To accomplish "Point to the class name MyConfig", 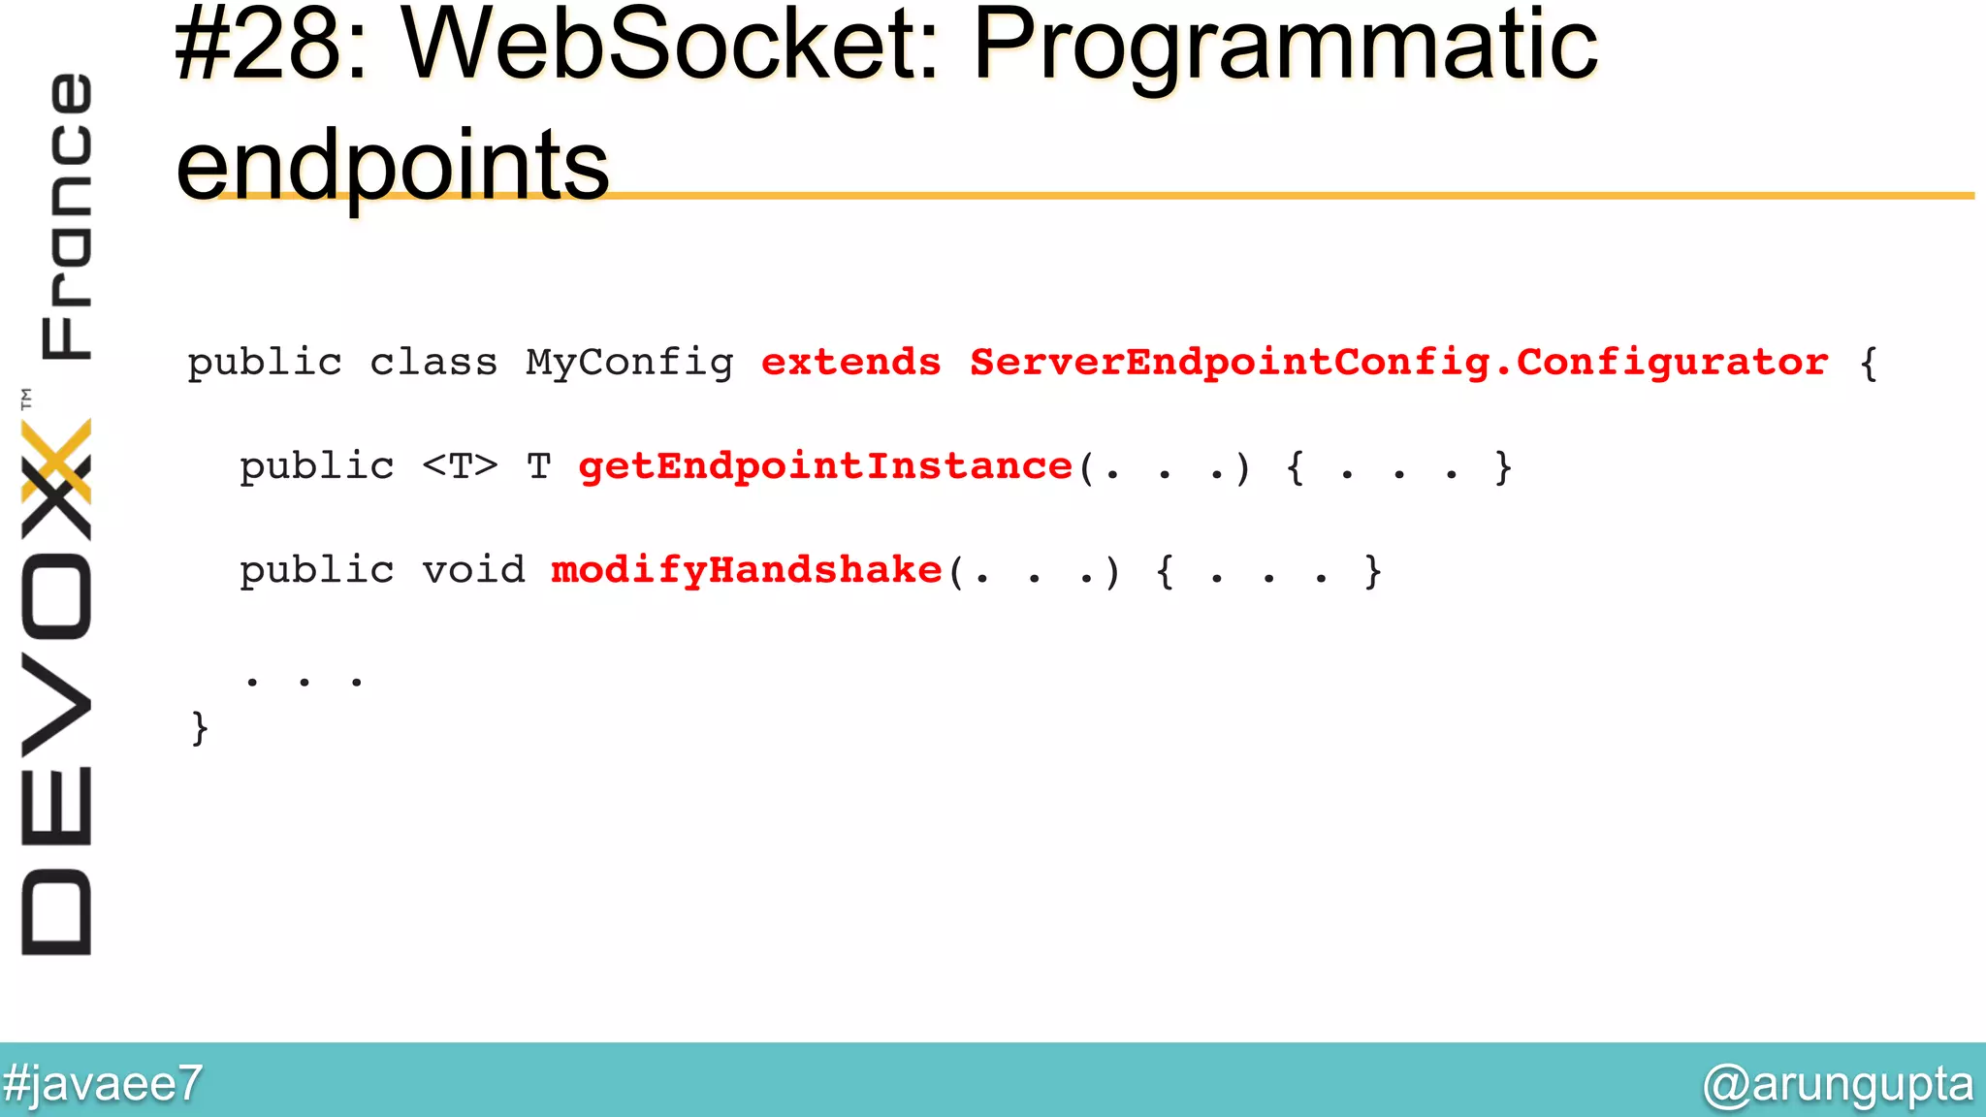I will tap(629, 363).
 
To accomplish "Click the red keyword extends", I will tap(850, 363).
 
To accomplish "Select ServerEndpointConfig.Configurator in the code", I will tap(1398, 363).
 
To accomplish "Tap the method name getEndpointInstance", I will tap(825, 466).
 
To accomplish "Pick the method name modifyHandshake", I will tap(747, 570).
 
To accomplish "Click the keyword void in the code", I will tap(473, 570).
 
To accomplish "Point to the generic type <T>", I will tap(460, 466).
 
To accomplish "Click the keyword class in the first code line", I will tap(433, 363).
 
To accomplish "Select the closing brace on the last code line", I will tap(200, 727).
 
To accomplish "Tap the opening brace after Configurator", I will tap(1869, 365).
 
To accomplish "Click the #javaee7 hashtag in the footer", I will tap(102, 1083).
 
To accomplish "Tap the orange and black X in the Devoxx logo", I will tap(56, 475).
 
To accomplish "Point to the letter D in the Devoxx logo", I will tap(56, 911).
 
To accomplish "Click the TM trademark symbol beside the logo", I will tap(26, 398).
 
